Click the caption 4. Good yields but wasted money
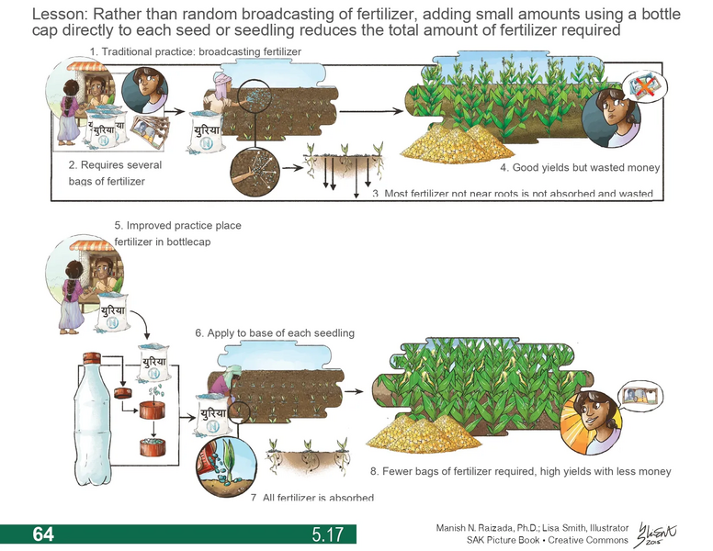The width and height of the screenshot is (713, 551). (x=579, y=169)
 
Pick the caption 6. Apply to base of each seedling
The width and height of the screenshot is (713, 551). (x=274, y=332)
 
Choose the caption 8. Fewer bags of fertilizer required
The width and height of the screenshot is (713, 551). (x=519, y=471)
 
